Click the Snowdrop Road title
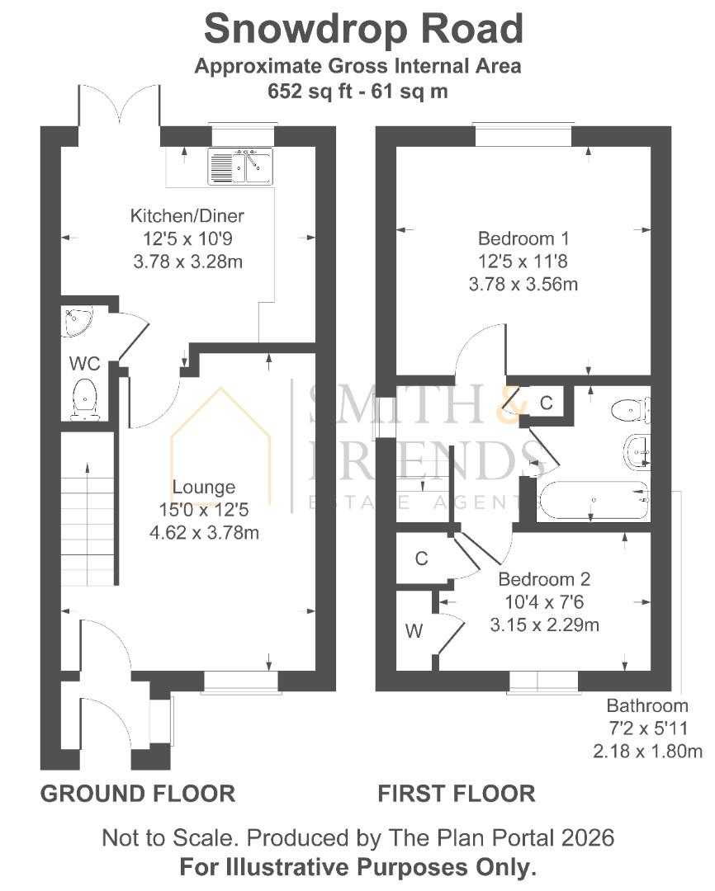tap(363, 28)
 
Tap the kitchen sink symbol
tap(240, 167)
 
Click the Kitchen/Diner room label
tap(187, 216)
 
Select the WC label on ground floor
tap(84, 363)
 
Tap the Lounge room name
tap(204, 487)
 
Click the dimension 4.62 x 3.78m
tap(204, 533)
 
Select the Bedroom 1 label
tap(523, 238)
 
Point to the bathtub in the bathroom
tap(593, 501)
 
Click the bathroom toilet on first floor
tap(631, 410)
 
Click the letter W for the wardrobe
tap(414, 630)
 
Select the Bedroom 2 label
tap(544, 579)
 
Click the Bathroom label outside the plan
tap(647, 705)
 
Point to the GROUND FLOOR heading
tap(138, 794)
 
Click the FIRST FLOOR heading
tap(457, 794)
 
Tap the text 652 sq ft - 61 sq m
tap(357, 91)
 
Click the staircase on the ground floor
tap(88, 508)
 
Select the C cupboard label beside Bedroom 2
tap(422, 559)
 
